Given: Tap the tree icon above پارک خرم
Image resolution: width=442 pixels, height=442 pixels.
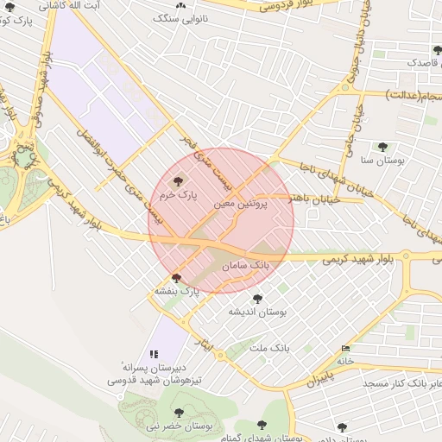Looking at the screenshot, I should coord(179,181).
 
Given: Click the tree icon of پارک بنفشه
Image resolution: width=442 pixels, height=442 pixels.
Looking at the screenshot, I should coord(177,278).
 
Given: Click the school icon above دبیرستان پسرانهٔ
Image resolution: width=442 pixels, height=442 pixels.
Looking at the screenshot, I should coord(155,354).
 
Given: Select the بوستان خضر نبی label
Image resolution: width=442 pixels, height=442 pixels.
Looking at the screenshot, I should coord(178,426).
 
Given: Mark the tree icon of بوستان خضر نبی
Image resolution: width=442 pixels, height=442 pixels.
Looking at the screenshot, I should coord(180,412).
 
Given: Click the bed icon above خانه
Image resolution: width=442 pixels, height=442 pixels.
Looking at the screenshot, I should coord(346,348).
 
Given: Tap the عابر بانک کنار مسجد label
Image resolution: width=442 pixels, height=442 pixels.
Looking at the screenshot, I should coord(402,381).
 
